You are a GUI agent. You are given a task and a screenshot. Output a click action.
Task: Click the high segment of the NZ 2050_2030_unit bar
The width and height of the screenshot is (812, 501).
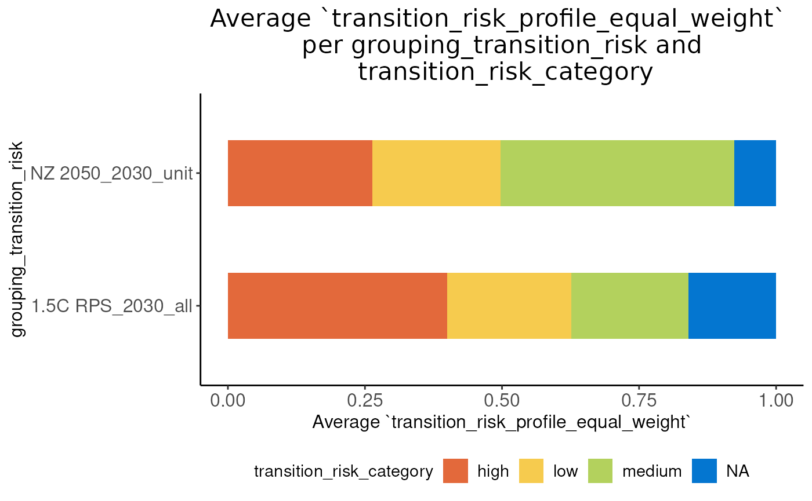tap(300, 173)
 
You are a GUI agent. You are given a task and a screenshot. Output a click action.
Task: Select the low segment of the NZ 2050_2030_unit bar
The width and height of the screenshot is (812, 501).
tap(436, 173)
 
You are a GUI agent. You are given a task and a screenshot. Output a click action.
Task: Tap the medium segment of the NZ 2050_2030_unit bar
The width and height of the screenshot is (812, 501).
tap(617, 173)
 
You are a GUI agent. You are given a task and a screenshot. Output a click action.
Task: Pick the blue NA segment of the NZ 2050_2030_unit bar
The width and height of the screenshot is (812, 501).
tap(755, 173)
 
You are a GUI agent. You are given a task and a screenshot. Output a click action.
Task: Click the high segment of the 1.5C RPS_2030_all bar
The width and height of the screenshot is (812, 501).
tap(337, 305)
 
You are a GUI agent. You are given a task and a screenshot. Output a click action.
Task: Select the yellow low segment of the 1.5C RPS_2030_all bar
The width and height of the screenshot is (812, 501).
tap(509, 305)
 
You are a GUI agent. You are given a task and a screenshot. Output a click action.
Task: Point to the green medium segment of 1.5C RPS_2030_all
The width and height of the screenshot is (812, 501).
tap(630, 305)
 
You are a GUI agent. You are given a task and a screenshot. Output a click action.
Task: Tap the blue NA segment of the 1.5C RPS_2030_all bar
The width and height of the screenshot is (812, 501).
tap(732, 305)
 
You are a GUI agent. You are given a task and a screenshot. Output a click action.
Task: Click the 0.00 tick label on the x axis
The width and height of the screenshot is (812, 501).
tap(228, 400)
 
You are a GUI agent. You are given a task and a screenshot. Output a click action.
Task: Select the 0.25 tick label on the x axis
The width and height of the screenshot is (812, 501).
tap(365, 400)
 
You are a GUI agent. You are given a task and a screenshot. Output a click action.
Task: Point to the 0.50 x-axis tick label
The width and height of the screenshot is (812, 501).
tap(502, 400)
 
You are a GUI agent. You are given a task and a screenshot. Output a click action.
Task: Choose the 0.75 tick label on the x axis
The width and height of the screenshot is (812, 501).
tap(639, 400)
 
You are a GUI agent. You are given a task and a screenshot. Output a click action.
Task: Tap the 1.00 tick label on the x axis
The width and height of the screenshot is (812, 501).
tap(775, 400)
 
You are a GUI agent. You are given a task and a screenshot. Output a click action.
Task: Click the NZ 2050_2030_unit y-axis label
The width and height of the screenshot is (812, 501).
tap(111, 173)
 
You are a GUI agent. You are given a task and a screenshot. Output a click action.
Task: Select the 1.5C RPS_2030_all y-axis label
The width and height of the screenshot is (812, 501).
tap(111, 305)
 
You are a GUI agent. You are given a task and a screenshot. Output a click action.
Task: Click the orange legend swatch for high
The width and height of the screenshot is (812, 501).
tap(455, 471)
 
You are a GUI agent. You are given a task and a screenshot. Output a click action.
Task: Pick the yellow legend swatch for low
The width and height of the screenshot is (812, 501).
tap(531, 471)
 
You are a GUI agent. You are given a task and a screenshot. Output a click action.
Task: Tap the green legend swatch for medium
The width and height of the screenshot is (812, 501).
tap(600, 471)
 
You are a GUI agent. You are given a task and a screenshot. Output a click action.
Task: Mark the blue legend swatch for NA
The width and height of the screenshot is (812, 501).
tap(704, 471)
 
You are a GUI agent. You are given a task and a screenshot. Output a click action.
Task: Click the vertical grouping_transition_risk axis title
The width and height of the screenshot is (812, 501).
tap(19, 239)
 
